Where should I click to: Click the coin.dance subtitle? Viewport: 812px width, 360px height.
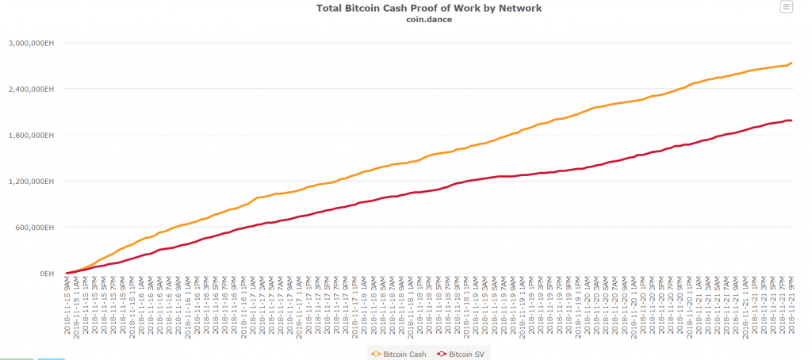[428, 20]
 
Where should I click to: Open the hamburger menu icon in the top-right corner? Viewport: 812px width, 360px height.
[786, 7]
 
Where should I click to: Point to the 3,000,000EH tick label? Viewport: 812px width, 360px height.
[32, 43]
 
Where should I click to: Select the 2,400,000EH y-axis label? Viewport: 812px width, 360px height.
[32, 89]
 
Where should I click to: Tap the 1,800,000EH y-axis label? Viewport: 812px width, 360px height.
[32, 135]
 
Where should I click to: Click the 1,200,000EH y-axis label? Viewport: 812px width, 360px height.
[32, 181]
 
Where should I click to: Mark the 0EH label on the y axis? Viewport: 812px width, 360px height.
[45, 274]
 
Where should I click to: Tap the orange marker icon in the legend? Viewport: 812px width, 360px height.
[376, 353]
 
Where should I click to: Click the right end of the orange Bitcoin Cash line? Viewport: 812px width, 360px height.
[791, 63]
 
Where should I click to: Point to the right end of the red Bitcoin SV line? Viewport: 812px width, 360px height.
[791, 121]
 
